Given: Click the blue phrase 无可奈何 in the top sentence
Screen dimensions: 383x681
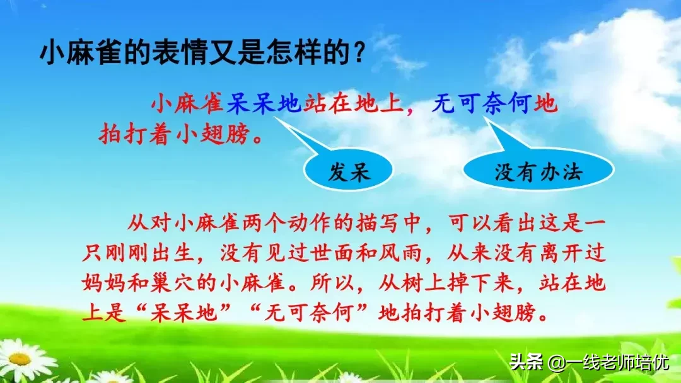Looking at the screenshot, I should (x=482, y=103).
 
